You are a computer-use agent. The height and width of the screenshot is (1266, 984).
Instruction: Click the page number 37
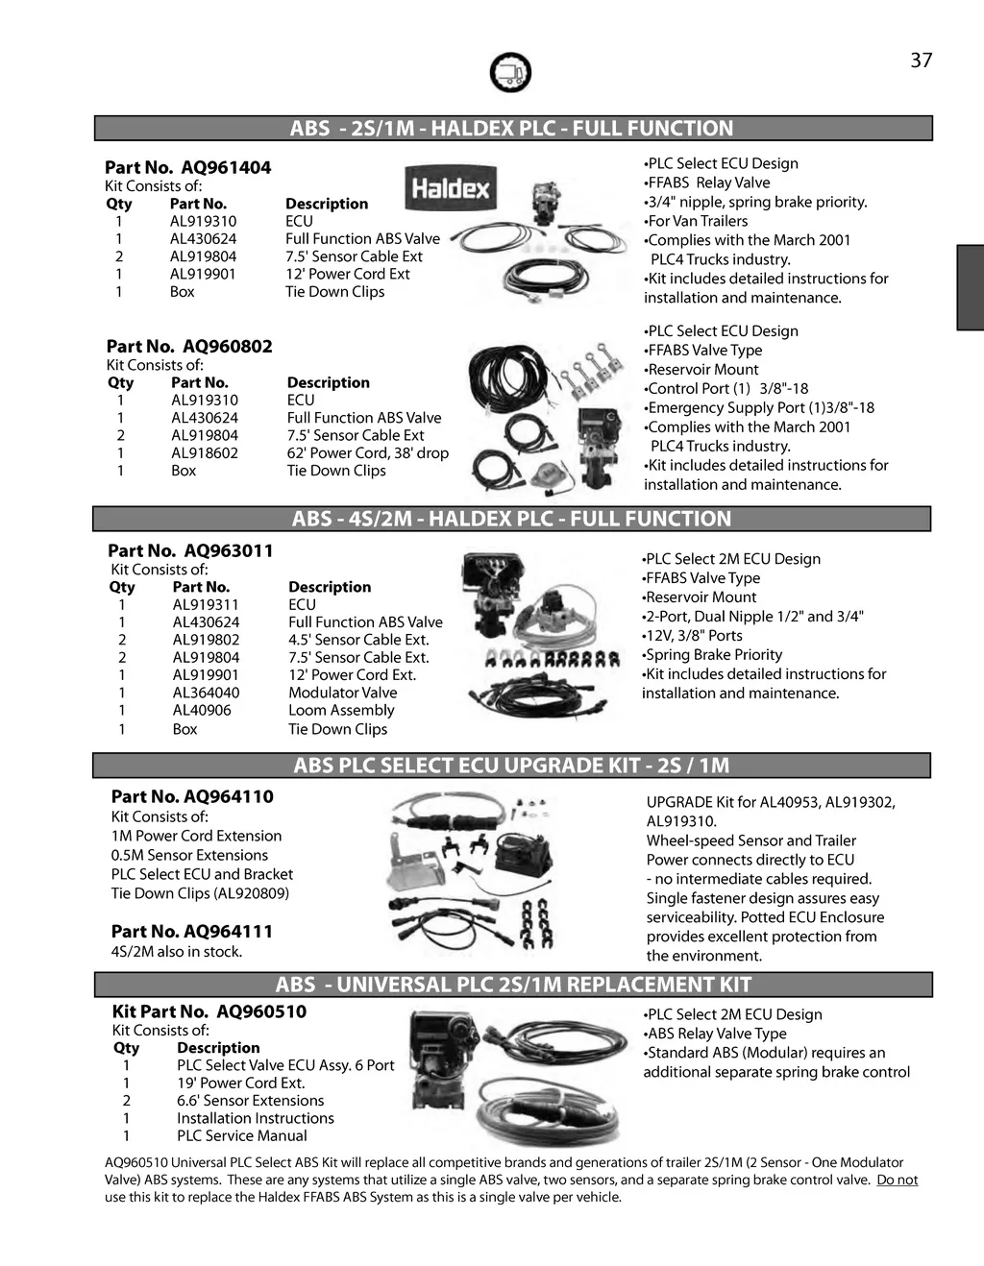(x=921, y=61)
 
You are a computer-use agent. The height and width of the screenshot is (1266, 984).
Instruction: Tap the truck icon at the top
(x=510, y=72)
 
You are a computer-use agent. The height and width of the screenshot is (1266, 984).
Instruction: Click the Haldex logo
(x=449, y=188)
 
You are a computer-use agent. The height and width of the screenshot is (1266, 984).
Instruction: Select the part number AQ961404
(x=226, y=168)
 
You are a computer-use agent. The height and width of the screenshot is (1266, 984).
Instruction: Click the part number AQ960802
(x=228, y=347)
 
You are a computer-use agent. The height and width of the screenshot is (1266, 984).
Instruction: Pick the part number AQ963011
(x=229, y=551)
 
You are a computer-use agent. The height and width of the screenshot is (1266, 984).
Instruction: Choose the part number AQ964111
(x=228, y=932)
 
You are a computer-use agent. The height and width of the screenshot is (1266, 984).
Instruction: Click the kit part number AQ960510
(x=261, y=1011)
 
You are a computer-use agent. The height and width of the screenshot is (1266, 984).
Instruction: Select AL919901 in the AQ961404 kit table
(x=203, y=274)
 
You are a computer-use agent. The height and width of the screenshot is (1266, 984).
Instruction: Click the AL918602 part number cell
(x=205, y=453)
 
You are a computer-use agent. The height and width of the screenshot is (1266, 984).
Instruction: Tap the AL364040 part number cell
(x=206, y=693)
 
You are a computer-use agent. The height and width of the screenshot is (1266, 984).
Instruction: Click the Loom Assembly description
(x=341, y=711)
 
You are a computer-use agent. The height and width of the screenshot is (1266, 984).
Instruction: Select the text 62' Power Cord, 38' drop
(x=367, y=453)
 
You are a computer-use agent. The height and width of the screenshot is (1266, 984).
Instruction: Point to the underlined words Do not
(x=897, y=1180)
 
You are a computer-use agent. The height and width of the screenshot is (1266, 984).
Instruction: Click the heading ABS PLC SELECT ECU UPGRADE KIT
(x=511, y=766)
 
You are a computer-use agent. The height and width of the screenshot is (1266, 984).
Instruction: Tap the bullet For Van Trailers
(x=697, y=221)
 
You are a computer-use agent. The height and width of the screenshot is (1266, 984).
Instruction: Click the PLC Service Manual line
(x=241, y=1135)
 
